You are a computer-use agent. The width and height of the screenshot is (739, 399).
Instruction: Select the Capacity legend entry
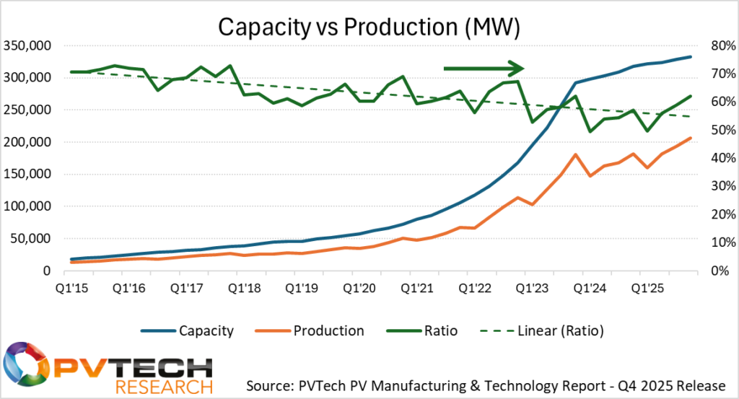(x=206, y=330)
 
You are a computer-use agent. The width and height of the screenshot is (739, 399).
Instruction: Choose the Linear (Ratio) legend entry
(x=559, y=330)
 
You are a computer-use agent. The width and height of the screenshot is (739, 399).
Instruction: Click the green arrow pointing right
(x=483, y=69)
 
